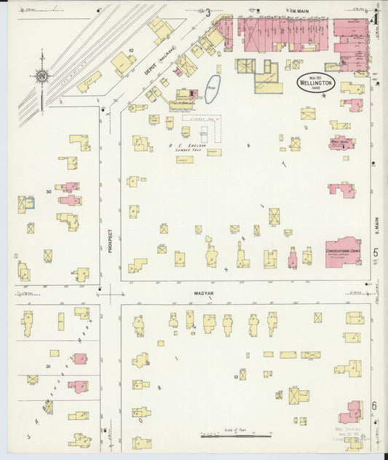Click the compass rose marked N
41,75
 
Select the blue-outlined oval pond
211,90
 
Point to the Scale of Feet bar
235,435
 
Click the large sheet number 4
373,19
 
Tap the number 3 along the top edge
207,12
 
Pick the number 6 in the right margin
375,405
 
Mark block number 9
248,146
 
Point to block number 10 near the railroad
131,50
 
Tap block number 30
48,192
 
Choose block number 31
48,365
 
